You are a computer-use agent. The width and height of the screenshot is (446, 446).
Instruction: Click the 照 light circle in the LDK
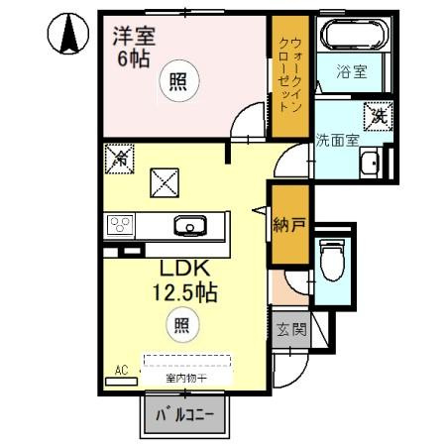[x=182, y=322]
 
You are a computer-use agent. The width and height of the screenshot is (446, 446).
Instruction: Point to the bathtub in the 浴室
[x=352, y=36]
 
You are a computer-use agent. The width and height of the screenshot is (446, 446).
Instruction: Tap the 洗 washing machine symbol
[x=379, y=114]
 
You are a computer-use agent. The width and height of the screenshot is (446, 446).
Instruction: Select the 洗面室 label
[x=336, y=140]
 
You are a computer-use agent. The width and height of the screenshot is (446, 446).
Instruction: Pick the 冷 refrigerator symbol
[x=119, y=157]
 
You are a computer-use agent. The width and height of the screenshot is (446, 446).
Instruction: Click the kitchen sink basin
[x=188, y=225]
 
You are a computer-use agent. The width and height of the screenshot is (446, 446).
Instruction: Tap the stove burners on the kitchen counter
[x=122, y=224]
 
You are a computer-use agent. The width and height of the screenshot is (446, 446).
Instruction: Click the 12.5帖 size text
[x=182, y=294]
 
